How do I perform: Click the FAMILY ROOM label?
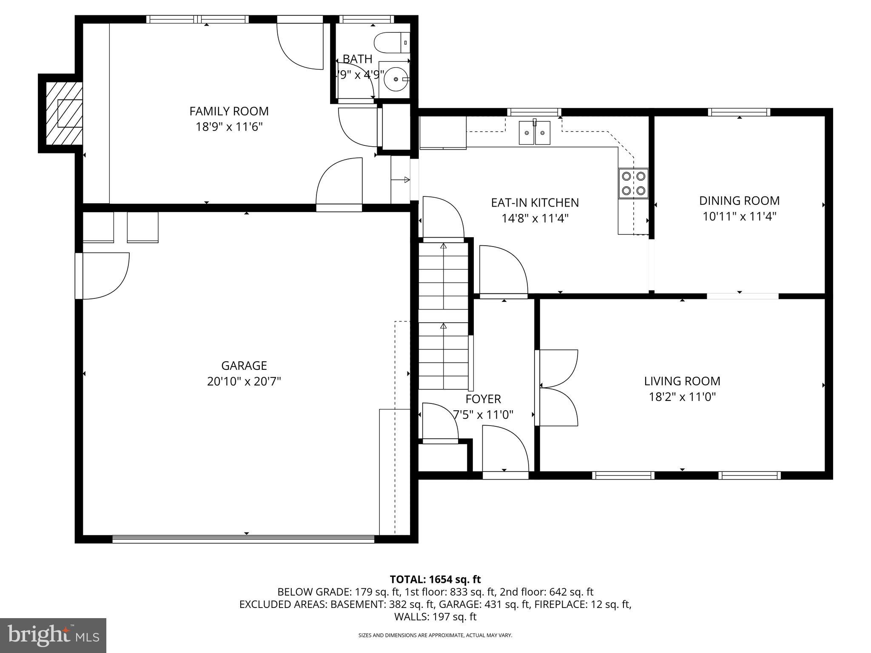[x=229, y=111]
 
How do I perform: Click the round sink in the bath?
[x=396, y=79]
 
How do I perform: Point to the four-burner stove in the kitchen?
[x=633, y=183]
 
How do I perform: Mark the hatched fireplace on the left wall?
[x=64, y=113]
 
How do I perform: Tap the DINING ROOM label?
[x=739, y=201]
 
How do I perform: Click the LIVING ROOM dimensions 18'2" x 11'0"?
[x=682, y=397]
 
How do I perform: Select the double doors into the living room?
[x=557, y=387]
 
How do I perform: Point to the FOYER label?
[x=483, y=399]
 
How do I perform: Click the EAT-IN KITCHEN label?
[x=535, y=203]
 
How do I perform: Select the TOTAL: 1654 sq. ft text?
[x=435, y=579]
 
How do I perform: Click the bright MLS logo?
[x=53, y=636]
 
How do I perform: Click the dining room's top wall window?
[x=739, y=112]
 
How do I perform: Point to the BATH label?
[x=357, y=59]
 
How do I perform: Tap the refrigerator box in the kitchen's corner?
[x=443, y=133]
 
